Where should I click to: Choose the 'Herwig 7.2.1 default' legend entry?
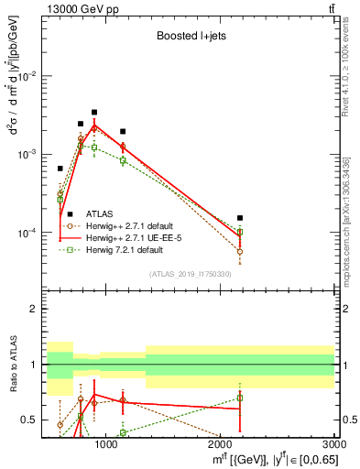pos(129,249)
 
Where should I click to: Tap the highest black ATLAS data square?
pos(93,113)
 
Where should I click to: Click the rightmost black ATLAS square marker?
pos(240,218)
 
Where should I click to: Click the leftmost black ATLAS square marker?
pos(60,169)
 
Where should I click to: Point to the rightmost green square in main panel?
pos(240,233)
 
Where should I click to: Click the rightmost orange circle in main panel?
pos(240,251)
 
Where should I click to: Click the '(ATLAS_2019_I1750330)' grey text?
pos(190,274)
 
